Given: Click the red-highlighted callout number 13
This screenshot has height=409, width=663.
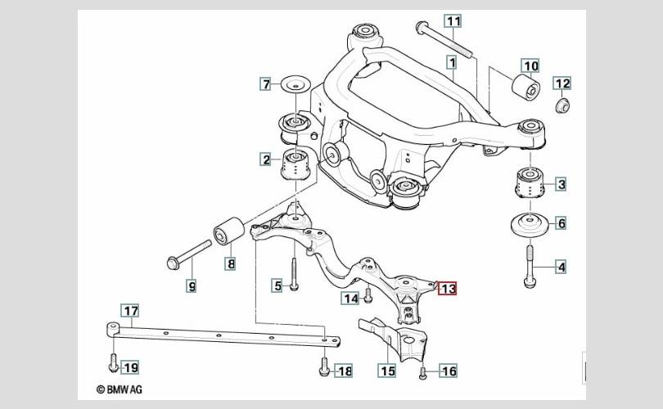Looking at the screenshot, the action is click(x=448, y=289).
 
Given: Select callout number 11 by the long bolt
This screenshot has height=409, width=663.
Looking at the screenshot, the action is click(x=453, y=21).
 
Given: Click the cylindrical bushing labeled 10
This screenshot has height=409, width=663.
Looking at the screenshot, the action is click(x=525, y=87).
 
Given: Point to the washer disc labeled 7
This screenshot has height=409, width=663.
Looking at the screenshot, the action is click(x=296, y=83).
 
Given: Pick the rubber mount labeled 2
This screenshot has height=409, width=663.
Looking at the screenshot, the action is click(x=296, y=164).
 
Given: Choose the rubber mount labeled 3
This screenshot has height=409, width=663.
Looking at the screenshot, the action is click(x=529, y=182).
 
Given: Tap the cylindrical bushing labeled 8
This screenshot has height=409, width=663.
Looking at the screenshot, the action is click(x=228, y=231).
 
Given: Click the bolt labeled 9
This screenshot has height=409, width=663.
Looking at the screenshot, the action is click(x=189, y=254).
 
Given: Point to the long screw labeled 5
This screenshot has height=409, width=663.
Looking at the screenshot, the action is click(x=295, y=273).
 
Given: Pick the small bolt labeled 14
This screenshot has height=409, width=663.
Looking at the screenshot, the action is click(x=368, y=295).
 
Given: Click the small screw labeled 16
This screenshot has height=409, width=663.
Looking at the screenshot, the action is click(x=422, y=373).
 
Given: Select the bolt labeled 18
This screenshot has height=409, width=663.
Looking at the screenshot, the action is click(x=324, y=366).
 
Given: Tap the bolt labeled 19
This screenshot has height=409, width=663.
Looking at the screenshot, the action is click(x=113, y=362).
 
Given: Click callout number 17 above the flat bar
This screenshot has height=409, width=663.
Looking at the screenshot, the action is click(x=130, y=311).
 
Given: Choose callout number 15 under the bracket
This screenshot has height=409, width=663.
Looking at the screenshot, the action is click(x=387, y=371).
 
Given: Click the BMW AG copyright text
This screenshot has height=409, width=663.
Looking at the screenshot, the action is click(x=120, y=389).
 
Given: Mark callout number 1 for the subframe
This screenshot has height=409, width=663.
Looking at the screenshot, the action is click(x=453, y=63).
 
